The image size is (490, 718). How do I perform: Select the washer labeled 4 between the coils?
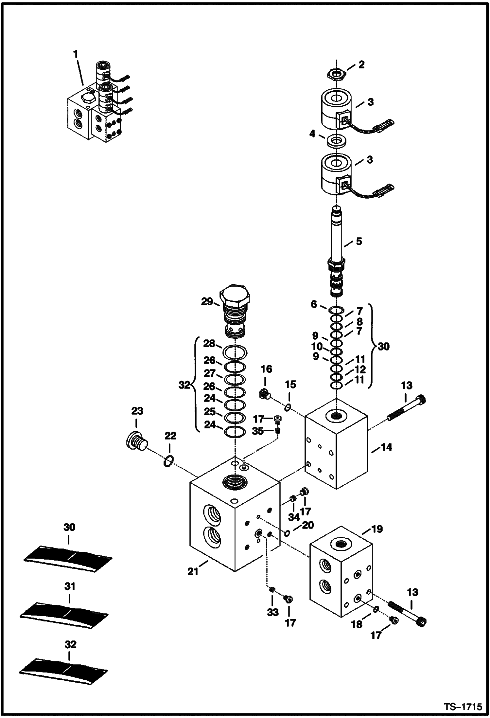pos(337,141)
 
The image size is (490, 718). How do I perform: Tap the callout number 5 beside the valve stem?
pos(359,242)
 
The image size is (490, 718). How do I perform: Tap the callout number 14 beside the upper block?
pos(386,447)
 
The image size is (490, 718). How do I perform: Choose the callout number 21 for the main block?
pos(193,572)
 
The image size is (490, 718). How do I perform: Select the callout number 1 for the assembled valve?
pos(76,54)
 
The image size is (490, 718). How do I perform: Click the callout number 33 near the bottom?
pos(273,612)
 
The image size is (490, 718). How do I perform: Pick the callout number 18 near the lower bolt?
pos(357,624)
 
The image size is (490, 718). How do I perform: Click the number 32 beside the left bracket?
pos(184,385)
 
